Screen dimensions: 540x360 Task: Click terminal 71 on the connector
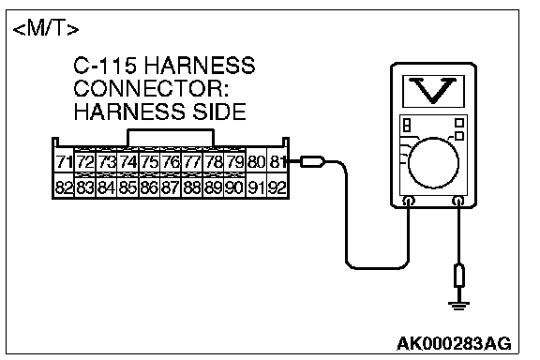point(64,161)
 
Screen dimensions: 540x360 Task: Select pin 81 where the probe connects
point(277,161)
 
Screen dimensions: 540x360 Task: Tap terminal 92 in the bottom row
point(277,187)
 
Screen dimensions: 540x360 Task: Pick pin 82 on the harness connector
point(64,187)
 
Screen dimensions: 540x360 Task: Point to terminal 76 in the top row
point(171,161)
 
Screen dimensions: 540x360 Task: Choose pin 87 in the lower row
point(171,187)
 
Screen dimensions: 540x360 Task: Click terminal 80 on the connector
point(256,161)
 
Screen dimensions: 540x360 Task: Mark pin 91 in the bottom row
point(256,187)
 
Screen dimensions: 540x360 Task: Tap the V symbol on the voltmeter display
point(433,90)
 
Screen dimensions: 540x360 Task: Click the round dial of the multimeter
point(433,162)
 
